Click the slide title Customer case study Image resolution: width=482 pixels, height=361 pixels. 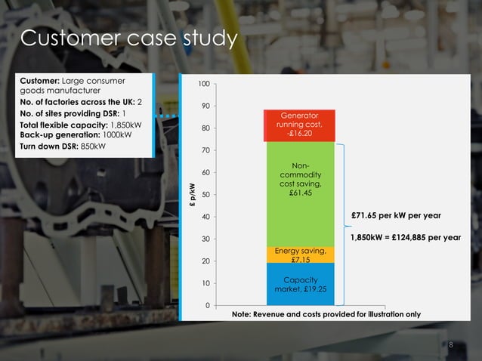tap(128, 39)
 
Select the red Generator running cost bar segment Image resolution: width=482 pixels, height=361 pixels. tap(300, 125)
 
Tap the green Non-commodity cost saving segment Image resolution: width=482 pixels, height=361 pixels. tap(300, 181)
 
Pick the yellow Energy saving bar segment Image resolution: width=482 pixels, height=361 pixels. tap(300, 255)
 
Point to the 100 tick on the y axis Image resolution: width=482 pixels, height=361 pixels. tap(204, 85)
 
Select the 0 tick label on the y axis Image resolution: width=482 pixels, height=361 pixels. tap(207, 305)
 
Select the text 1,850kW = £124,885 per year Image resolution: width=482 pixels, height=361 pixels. tap(405, 237)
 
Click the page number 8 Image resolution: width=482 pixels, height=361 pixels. tap(451, 345)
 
